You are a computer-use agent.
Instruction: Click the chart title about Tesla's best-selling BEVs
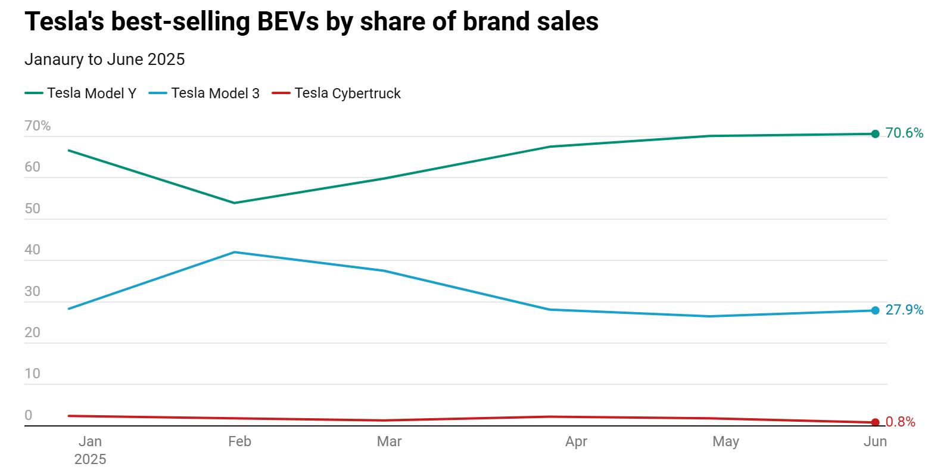coord(311,22)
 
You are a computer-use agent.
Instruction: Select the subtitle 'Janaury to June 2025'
coord(104,60)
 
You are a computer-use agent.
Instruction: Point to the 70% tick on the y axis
coord(38,126)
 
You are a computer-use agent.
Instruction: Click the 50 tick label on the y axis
coord(33,209)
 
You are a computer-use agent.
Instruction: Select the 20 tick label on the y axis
coord(33,333)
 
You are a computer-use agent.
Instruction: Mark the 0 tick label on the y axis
coord(29,416)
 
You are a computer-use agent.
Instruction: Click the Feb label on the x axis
coord(239,441)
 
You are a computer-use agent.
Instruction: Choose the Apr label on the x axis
coord(576,441)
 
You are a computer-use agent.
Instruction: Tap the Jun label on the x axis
coord(875,441)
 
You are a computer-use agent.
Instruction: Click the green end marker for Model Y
coord(875,134)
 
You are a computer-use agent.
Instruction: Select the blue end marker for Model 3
coord(875,310)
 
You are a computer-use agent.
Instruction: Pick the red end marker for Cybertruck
coord(875,422)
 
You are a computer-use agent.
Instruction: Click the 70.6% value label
coord(904,133)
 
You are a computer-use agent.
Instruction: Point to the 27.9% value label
coord(904,310)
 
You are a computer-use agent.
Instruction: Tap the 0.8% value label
coord(900,422)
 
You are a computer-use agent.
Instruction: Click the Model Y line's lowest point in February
coord(235,203)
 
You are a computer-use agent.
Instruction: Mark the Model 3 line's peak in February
coord(235,252)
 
